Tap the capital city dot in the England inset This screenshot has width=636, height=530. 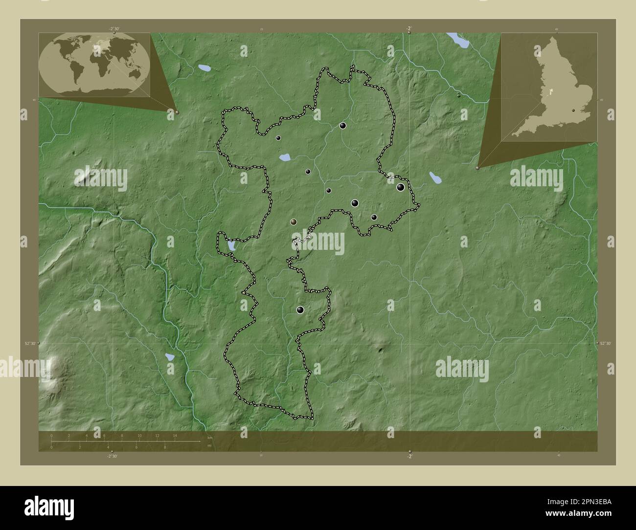[573, 110]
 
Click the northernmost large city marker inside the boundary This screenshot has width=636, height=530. [343, 126]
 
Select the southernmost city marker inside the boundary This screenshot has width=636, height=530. [300, 309]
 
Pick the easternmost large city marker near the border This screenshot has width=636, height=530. [401, 187]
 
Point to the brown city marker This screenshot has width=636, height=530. [293, 221]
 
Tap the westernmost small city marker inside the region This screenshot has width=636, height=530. [278, 138]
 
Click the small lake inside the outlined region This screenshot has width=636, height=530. [284, 157]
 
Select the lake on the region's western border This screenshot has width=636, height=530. [230, 245]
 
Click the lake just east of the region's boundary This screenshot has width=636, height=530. [434, 177]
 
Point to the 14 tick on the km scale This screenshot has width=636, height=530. [175, 435]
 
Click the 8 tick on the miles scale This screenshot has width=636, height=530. [165, 447]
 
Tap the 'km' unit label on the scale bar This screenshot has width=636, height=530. [210, 437]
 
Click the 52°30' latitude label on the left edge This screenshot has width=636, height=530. [30, 344]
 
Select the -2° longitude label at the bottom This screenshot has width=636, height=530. [409, 456]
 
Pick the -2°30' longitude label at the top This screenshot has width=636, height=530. [114, 29]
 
